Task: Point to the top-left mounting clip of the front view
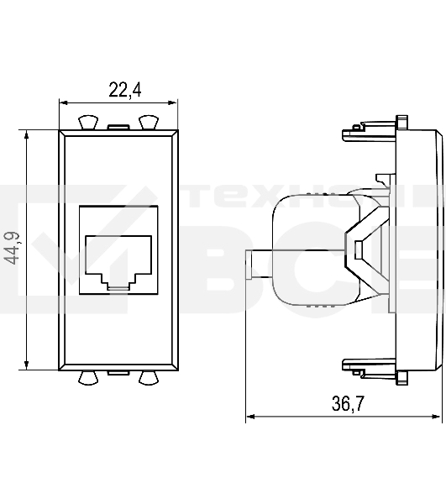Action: [87, 123]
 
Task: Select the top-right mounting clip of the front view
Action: [149, 123]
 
